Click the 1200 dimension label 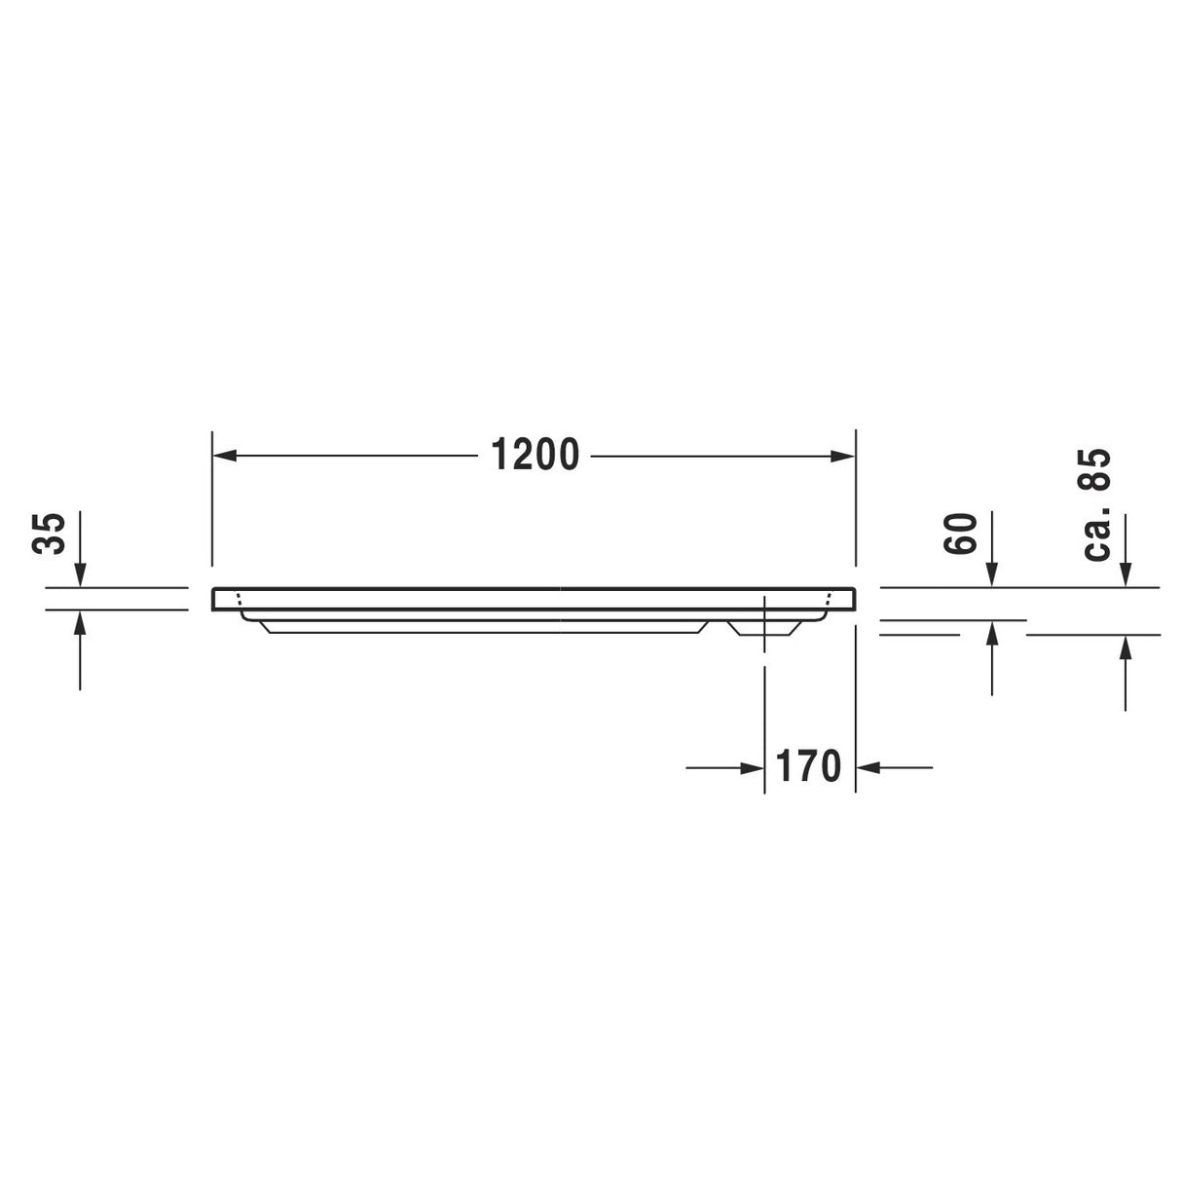pos(535,455)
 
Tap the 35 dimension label pos(49,534)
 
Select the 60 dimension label pos(960,534)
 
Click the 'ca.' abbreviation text pos(1096,533)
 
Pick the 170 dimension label pos(808,766)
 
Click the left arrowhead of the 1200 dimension pos(225,456)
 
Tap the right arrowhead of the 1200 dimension pos(842,456)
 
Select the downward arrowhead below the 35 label pos(80,574)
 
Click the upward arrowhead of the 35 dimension pos(80,622)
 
